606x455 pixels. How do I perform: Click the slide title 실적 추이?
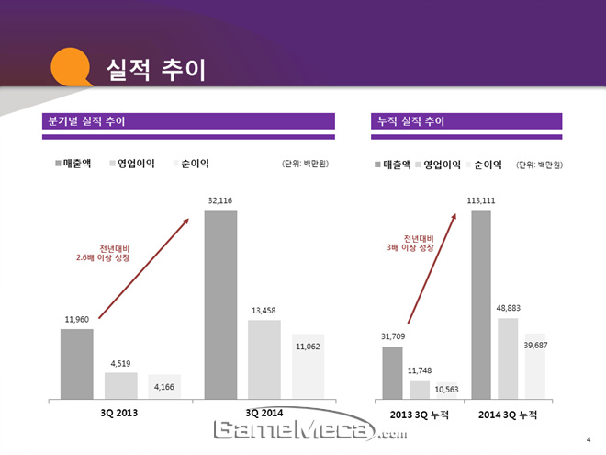click(x=155, y=69)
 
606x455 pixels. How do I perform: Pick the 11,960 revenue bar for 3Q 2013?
click(x=77, y=364)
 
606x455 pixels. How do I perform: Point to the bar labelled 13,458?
click(x=264, y=359)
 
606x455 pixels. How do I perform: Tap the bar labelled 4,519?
click(x=120, y=385)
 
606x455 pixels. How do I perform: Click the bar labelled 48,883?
click(x=508, y=358)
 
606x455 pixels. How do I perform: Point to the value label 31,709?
click(x=392, y=336)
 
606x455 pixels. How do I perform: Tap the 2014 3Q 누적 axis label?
click(x=508, y=415)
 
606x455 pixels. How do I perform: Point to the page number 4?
click(x=588, y=438)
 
